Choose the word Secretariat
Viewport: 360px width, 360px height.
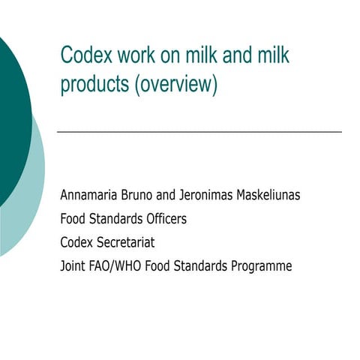click(127, 242)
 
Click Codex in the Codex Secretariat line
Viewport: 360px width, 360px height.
click(77, 242)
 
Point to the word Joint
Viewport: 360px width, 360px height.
click(73, 265)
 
